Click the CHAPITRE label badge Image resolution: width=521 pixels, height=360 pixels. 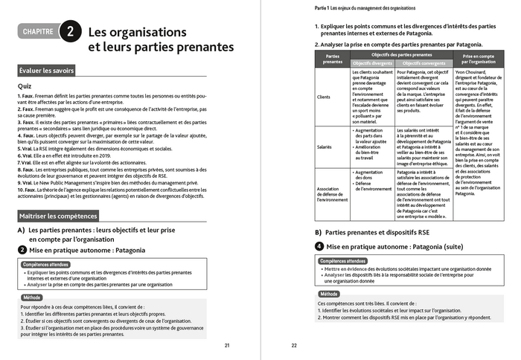click(38, 32)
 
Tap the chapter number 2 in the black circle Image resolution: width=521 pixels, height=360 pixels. click(69, 32)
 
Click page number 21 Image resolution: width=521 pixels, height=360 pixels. click(227, 345)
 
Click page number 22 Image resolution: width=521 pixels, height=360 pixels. click(293, 345)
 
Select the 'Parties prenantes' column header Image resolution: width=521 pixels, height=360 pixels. click(332, 59)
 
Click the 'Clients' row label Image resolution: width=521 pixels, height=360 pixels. click(324, 97)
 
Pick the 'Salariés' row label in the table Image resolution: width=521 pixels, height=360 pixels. click(324, 148)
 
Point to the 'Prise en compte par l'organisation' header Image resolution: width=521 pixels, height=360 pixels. click(479, 59)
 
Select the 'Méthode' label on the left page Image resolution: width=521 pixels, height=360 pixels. click(32, 296)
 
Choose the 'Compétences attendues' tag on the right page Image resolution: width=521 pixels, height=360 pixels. click(342, 261)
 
